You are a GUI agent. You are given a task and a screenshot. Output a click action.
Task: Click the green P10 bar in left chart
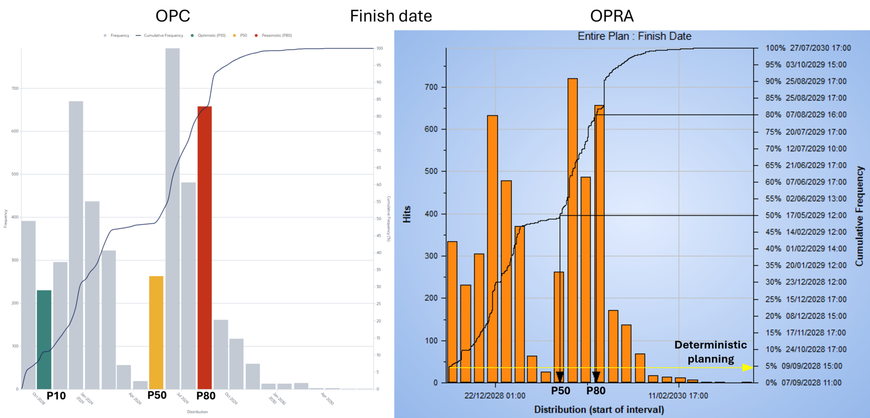tap(44, 339)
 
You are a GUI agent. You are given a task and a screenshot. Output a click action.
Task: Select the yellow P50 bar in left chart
tap(156, 332)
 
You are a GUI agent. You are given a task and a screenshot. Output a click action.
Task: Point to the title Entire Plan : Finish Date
tap(634, 36)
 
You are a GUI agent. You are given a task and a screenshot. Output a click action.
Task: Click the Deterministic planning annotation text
tap(710, 352)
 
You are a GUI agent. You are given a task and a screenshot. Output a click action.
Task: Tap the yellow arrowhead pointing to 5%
tap(748, 367)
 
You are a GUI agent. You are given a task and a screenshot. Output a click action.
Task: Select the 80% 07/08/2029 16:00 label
tap(806, 115)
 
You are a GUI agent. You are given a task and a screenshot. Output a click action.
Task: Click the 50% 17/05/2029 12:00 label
tap(806, 215)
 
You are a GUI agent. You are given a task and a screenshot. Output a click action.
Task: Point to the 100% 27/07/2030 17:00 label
tap(808, 48)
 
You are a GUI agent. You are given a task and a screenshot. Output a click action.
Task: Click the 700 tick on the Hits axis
tap(431, 87)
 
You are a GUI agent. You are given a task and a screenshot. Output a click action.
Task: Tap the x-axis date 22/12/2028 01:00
tap(495, 396)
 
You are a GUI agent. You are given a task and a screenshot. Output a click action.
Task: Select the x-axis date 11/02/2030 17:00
tap(678, 396)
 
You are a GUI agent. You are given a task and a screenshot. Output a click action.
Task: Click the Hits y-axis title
tap(407, 214)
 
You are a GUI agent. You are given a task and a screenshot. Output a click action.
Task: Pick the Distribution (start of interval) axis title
tap(599, 410)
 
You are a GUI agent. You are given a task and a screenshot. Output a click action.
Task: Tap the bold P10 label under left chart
tap(56, 396)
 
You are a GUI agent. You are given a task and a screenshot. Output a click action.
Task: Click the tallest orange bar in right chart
tap(572, 230)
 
